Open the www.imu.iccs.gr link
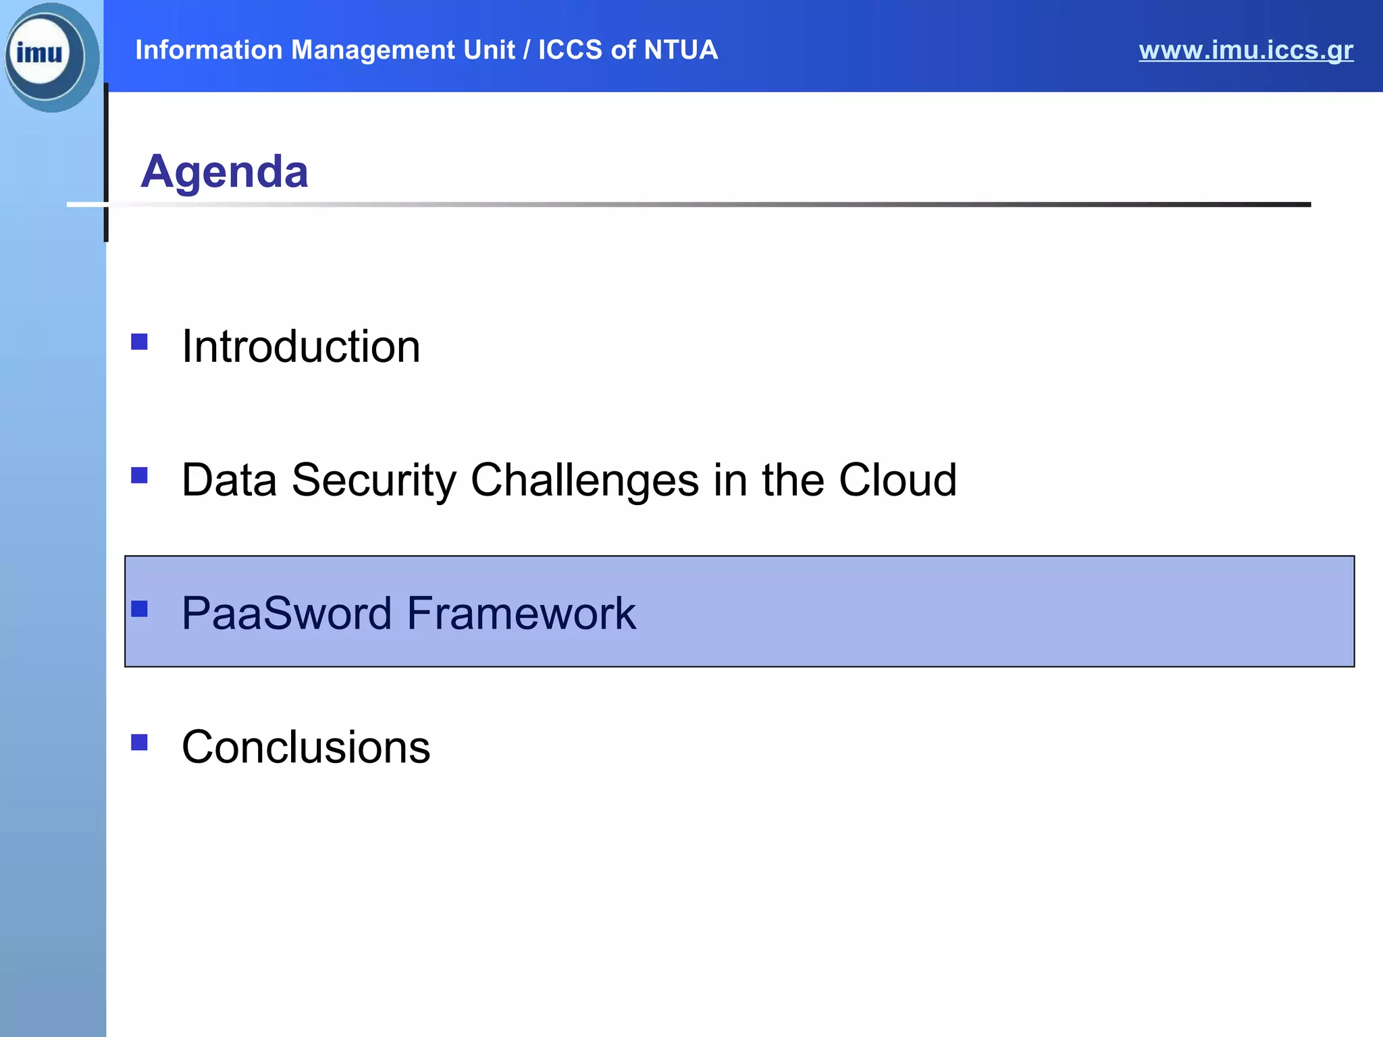coord(1245,50)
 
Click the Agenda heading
coord(224,171)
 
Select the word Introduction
coord(301,346)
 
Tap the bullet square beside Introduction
coord(140,342)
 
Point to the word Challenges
coord(584,480)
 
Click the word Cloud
coord(897,480)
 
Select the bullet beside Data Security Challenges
coord(140,475)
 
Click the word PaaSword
coord(286,613)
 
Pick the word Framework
coord(521,613)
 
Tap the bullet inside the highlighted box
coord(140,609)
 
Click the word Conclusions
coord(305,747)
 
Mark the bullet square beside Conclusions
coord(140,743)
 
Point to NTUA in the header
coord(680,50)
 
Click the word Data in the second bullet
coord(229,480)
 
